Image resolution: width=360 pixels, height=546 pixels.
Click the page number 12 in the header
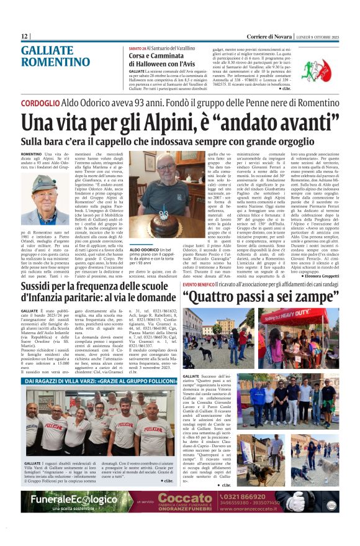25,37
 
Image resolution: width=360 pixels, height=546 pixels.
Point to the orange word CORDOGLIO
40,102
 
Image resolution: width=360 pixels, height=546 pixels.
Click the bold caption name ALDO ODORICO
160,250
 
